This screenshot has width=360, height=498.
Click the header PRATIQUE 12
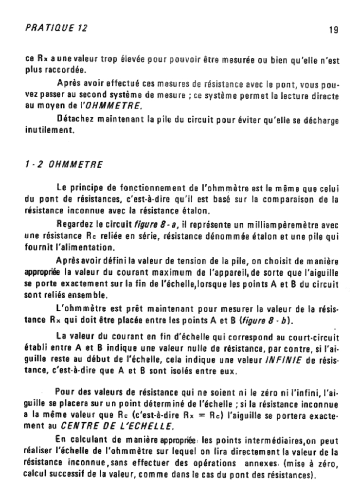56,28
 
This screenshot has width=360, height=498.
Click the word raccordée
56,70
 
